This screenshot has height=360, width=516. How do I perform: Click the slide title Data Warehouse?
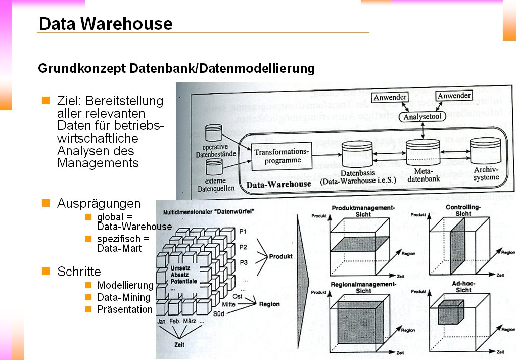pos(106,24)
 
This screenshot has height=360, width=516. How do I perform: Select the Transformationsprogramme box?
pos(281,156)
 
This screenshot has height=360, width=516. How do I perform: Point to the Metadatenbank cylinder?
pos(421,151)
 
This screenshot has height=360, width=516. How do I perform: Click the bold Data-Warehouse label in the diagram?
pos(278,184)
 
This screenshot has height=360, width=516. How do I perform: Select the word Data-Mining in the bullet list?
pos(124,297)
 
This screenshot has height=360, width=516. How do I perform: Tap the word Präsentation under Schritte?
pos(125,309)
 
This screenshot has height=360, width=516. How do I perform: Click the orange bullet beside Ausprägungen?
pos(46,203)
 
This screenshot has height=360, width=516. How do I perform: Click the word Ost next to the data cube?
pos(238,296)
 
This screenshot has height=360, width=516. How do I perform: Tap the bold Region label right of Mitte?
pos(269,304)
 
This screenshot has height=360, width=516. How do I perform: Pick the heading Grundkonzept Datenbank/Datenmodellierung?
pos(176,68)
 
